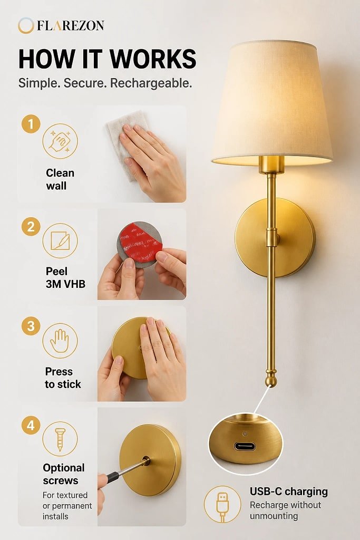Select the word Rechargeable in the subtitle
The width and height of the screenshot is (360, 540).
(151, 83)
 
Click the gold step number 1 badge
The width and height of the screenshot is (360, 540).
(31, 124)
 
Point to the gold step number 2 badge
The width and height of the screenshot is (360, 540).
(31, 227)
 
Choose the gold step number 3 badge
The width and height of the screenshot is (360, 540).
(31, 326)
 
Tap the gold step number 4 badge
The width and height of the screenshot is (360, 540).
(31, 425)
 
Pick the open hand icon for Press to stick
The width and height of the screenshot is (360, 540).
(60, 341)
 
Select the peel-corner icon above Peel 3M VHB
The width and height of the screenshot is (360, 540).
(60, 240)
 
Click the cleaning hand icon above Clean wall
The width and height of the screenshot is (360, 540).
(60, 141)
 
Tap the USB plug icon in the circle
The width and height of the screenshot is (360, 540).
(222, 504)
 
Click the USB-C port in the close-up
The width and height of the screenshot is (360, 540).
(245, 447)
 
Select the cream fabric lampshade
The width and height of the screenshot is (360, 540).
(272, 102)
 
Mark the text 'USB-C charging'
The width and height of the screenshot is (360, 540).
(289, 491)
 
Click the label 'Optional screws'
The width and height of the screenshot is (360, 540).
(64, 474)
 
